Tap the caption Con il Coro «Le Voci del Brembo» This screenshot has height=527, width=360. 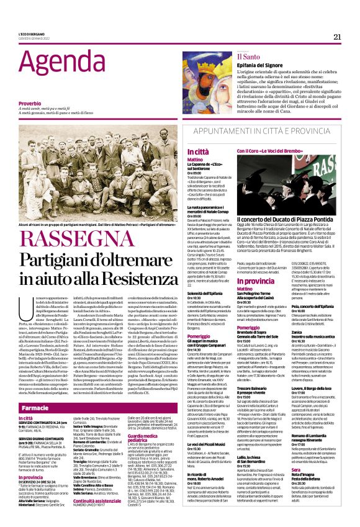tap(267, 151)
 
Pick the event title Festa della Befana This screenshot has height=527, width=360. tap(311, 489)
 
